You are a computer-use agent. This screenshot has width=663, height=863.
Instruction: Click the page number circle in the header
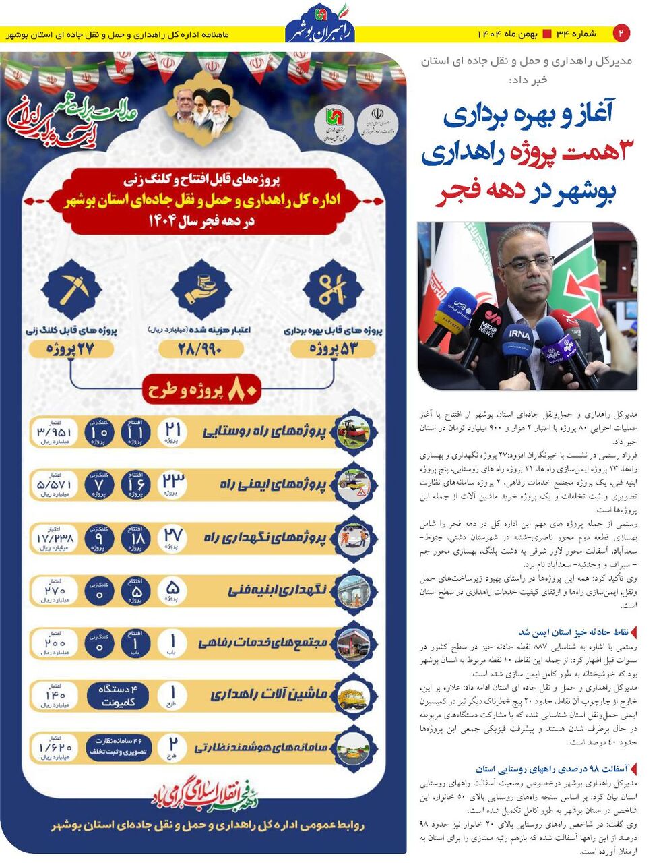621,32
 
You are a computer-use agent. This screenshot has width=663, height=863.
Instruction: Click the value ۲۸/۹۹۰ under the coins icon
201,349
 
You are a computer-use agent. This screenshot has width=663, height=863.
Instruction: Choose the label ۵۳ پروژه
334,349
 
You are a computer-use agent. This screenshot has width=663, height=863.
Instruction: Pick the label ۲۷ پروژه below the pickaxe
71,349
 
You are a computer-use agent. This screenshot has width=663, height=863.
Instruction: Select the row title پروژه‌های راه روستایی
263,432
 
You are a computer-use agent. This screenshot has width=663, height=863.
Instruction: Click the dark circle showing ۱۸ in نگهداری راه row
136,537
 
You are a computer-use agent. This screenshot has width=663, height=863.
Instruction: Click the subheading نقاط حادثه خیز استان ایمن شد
573,632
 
